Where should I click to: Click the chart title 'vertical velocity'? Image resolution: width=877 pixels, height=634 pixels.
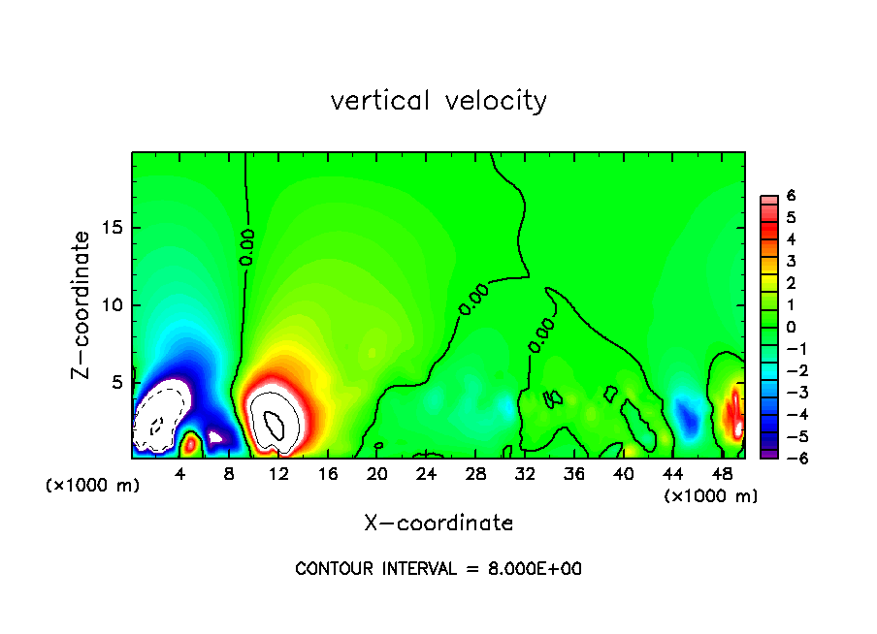[x=438, y=102]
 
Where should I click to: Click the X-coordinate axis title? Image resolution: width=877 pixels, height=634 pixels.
[x=438, y=523]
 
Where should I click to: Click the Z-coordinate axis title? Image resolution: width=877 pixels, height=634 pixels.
[x=81, y=305]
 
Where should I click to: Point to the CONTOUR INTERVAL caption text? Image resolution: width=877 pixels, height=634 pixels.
[x=438, y=569]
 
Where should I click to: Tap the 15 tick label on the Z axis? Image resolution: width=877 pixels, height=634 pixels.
[x=112, y=228]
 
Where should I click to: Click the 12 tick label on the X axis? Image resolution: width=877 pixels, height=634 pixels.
[x=278, y=475]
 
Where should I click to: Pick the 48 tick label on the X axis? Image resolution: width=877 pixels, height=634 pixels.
[x=722, y=475]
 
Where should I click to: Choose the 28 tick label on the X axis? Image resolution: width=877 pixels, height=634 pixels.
[x=475, y=475]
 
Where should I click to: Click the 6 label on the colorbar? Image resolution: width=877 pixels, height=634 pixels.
[x=791, y=196]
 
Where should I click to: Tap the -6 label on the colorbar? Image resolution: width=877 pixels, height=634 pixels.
[x=797, y=459]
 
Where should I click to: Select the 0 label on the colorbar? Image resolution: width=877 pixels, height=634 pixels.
[x=791, y=327]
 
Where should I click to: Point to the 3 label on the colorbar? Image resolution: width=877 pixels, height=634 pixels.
[x=791, y=261]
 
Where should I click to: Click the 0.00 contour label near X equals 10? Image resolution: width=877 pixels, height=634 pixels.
[x=246, y=247]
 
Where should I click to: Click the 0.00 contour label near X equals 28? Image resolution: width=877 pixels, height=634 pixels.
[x=473, y=300]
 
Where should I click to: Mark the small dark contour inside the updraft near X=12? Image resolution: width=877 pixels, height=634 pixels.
[x=274, y=425]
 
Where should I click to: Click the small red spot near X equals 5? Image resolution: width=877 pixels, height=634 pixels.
[x=190, y=445]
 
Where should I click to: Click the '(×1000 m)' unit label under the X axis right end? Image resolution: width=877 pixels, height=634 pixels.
[x=710, y=496]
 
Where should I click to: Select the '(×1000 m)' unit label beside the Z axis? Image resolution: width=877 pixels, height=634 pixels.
[x=92, y=485]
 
